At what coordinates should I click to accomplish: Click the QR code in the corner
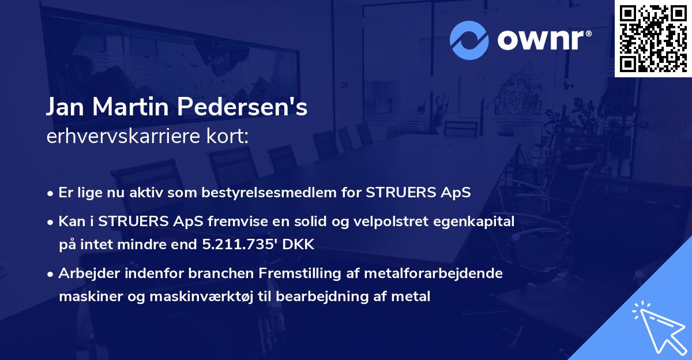[x=653, y=38]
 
